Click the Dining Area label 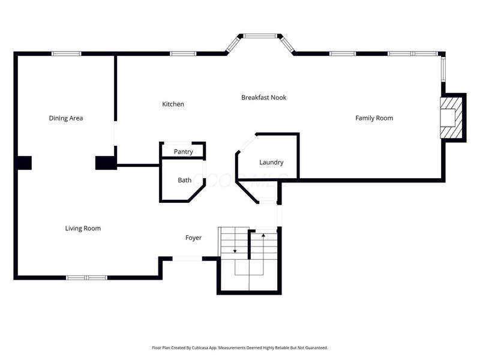coord(66,118)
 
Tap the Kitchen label coord(173,104)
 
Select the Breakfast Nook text coord(263,97)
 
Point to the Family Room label coord(374,118)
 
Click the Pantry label coord(184,152)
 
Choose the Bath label coord(185,181)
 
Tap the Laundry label coord(271,162)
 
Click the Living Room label coord(83,229)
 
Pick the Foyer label coord(193,238)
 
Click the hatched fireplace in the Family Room coord(451,118)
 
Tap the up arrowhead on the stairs coord(263,235)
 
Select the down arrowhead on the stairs coord(235,251)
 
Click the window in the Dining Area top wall coord(67,54)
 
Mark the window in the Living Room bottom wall coord(86,278)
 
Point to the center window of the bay coord(260,36)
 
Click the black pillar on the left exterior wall coord(24,163)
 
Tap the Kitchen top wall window coord(183,54)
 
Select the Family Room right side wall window coord(443,69)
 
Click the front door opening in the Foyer coord(187,259)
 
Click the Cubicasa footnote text coord(239,348)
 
